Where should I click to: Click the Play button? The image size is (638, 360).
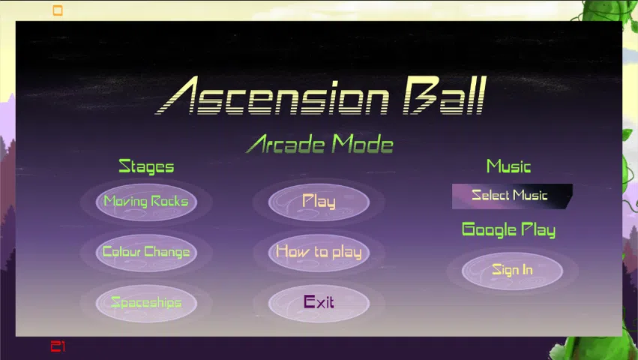(x=319, y=202)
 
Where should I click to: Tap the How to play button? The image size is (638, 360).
(x=319, y=253)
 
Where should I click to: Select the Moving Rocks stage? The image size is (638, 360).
(x=146, y=202)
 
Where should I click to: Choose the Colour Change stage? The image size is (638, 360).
(x=146, y=253)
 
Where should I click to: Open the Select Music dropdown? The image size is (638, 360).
(x=512, y=196)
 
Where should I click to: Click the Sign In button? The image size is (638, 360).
(x=512, y=271)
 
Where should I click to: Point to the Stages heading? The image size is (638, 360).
(x=146, y=166)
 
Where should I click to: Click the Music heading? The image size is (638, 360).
(x=508, y=166)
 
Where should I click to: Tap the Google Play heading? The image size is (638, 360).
(x=508, y=230)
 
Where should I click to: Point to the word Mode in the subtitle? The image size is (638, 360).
(x=363, y=144)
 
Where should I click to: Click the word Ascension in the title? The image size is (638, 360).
(x=272, y=95)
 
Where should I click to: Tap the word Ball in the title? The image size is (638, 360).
(x=445, y=95)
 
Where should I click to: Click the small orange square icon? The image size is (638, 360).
(x=58, y=10)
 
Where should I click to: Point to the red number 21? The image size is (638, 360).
(x=58, y=346)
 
